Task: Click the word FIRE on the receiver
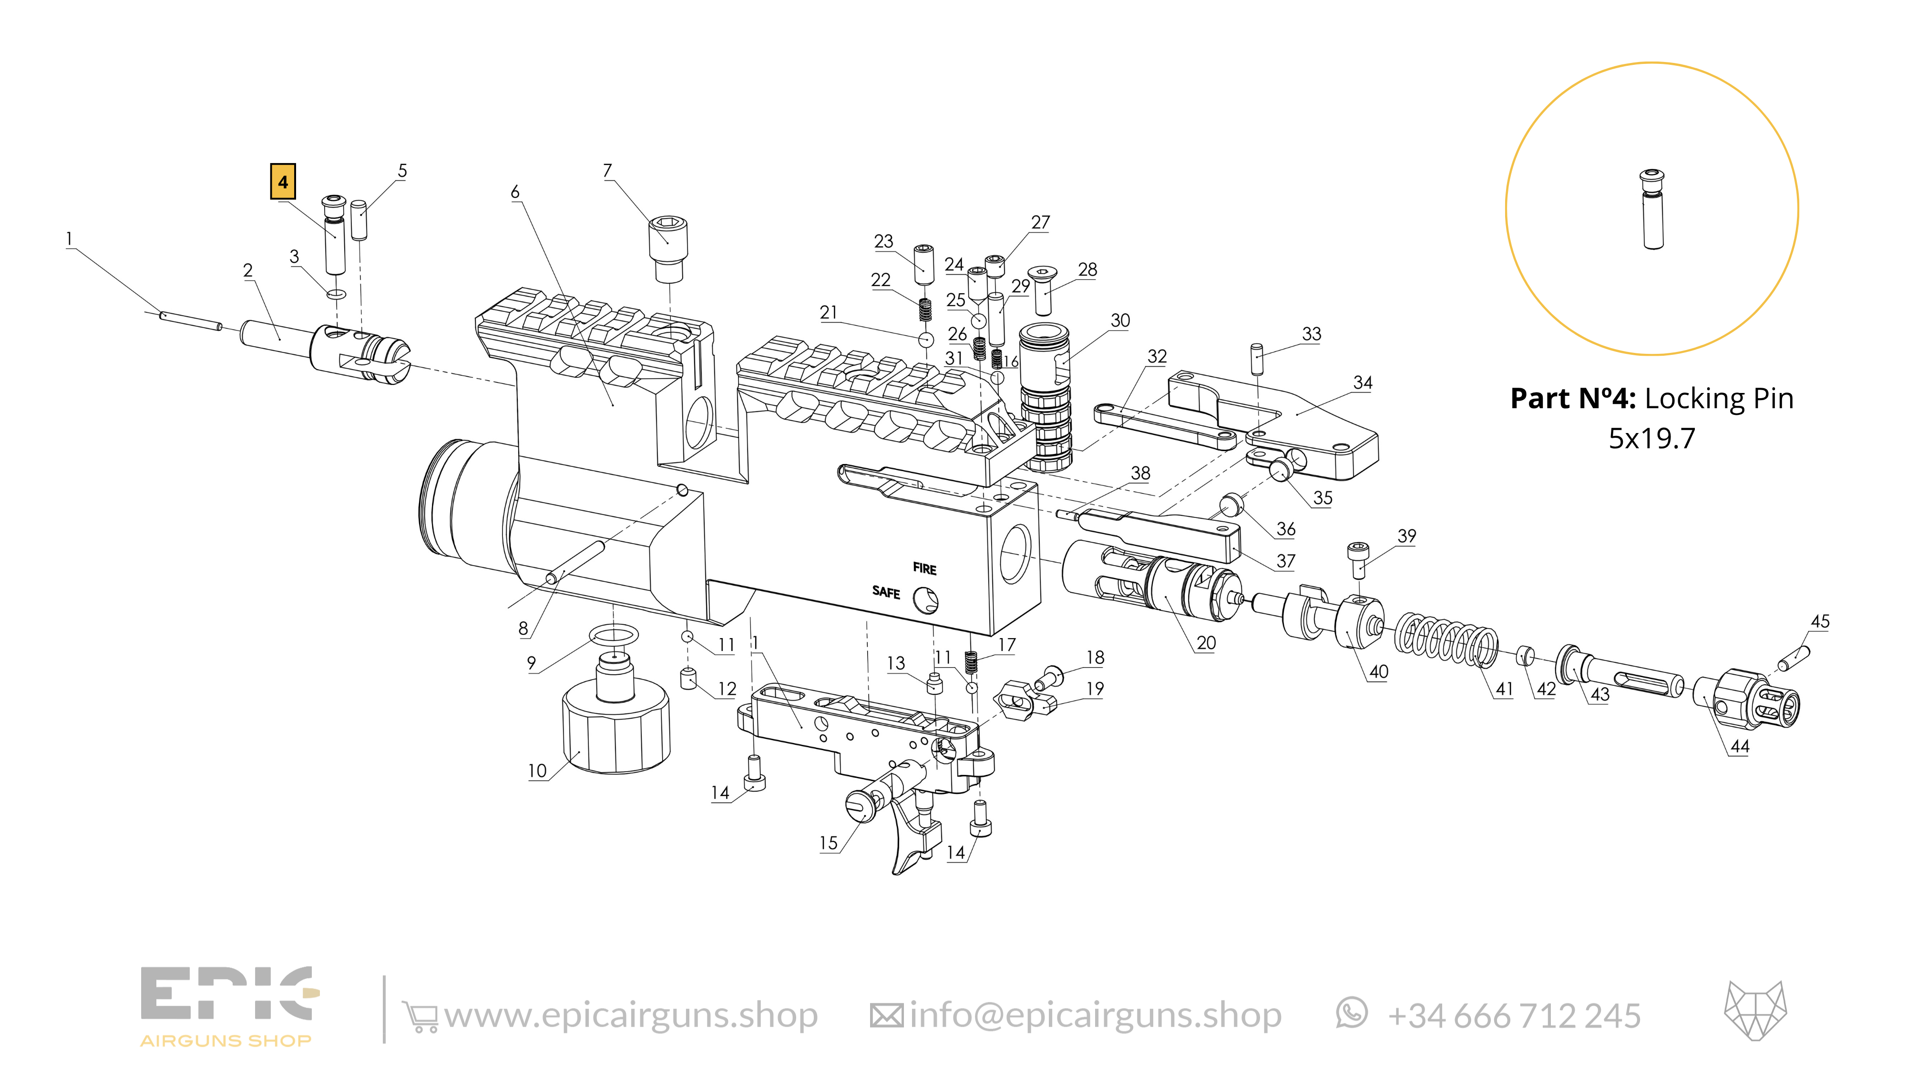tap(924, 569)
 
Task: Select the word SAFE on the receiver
tap(886, 592)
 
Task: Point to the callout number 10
tap(537, 771)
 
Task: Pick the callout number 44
tap(1740, 746)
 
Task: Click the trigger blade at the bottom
tap(911, 837)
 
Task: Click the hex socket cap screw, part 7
tap(668, 248)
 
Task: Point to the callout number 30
tap(1120, 320)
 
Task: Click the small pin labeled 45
tap(1794, 658)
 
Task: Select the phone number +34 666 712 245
tap(1514, 1016)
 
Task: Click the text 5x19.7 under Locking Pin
tap(1651, 438)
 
